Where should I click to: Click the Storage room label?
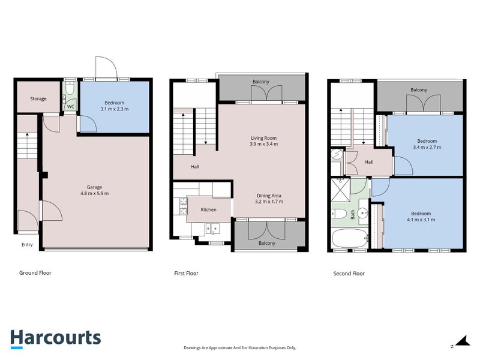tap(38, 98)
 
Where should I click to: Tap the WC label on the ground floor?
tap(71, 107)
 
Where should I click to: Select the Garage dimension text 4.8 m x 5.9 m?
tap(94, 193)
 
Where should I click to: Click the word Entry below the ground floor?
tap(27, 245)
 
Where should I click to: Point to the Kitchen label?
tap(208, 209)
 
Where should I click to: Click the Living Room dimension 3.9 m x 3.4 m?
tap(263, 144)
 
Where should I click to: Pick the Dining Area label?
tap(269, 196)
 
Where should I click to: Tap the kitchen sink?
tap(213, 229)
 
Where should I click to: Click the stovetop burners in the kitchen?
tap(183, 206)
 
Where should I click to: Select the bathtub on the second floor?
tap(350, 239)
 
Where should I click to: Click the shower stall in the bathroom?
tap(340, 190)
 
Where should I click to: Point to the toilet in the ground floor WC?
tap(70, 88)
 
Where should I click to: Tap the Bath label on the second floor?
tap(353, 214)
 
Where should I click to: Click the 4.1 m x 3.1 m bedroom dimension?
tap(421, 220)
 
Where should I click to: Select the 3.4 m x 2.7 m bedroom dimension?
tap(427, 147)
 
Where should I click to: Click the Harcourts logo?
tap(56, 339)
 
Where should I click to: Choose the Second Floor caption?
tap(349, 274)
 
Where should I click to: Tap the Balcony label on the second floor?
tap(419, 89)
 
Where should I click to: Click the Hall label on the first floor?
tap(195, 167)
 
